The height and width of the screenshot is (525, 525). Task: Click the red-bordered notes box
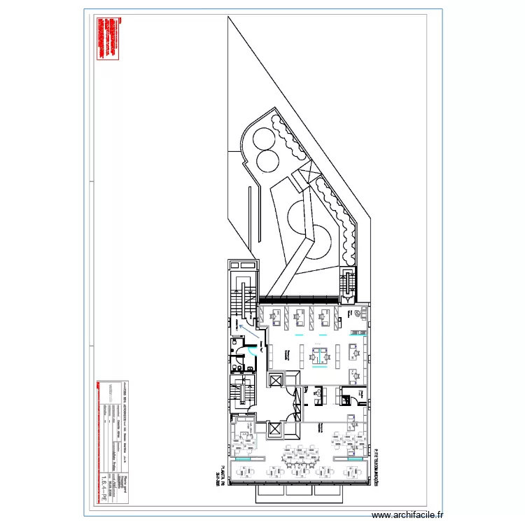[x=110, y=38]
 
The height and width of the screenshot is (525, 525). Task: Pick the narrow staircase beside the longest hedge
[x=347, y=283]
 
